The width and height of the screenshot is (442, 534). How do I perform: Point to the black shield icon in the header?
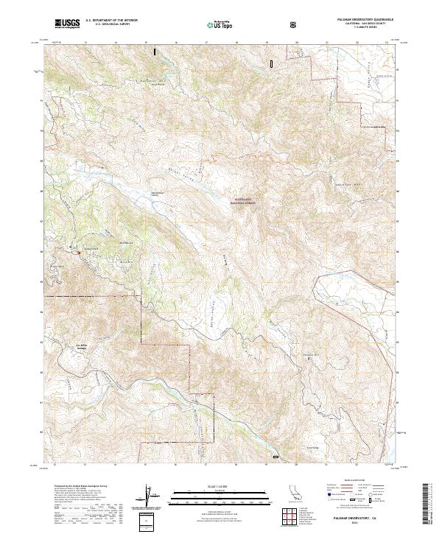point(295,24)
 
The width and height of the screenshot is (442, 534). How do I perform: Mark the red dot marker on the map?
point(79,253)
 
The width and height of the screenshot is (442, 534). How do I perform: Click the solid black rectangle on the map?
point(154,52)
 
